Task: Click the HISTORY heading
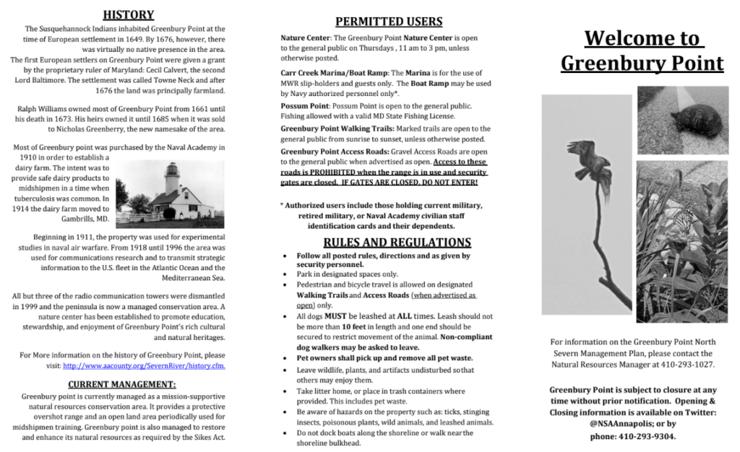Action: [128, 14]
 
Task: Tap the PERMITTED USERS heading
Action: [379, 21]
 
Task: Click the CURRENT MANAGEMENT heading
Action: [121, 384]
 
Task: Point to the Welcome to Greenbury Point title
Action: [642, 51]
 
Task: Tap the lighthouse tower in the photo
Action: [172, 179]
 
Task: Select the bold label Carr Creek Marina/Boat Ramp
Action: [334, 74]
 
